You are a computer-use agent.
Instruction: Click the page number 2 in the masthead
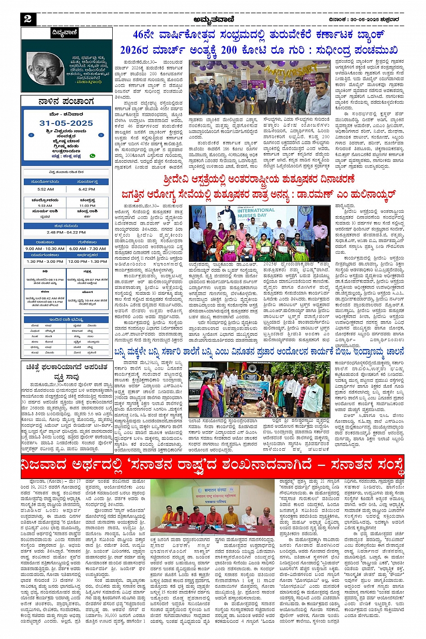28,18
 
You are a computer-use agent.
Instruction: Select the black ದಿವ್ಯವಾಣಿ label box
65,33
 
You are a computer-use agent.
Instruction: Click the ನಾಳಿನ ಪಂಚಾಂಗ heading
66,101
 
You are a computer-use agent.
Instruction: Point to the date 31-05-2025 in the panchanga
66,123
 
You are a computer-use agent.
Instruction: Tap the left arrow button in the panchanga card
31,135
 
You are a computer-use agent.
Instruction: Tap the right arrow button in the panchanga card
101,135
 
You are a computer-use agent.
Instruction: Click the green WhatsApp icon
92,156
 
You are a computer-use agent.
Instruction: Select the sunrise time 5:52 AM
46,189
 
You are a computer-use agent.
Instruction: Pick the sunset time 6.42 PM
87,189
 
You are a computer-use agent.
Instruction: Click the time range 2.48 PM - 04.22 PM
66,233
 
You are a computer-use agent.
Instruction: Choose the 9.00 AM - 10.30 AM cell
45,248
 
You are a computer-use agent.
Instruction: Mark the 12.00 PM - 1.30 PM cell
87,261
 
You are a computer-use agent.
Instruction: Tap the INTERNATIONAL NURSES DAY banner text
256,213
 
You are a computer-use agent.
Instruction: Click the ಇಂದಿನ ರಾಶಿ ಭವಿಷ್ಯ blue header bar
66,319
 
